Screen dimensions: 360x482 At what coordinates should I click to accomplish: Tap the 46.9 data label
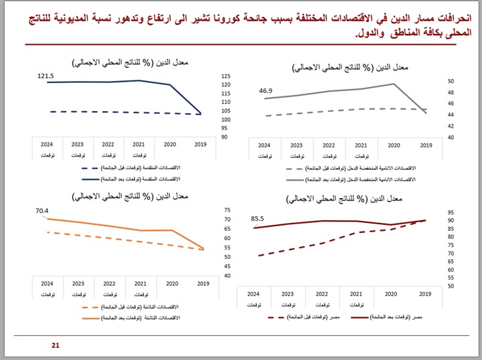(266, 90)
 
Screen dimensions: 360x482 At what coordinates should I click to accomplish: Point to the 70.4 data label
(42, 211)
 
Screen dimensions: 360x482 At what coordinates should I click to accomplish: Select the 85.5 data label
(258, 218)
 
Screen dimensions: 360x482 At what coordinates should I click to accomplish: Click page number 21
(56, 345)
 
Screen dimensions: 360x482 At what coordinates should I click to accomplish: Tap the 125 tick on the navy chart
(225, 76)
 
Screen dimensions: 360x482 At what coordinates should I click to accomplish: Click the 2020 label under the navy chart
(169, 144)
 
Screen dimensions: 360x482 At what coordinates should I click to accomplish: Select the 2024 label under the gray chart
(264, 145)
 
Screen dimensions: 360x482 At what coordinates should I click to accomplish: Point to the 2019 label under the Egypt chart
(424, 294)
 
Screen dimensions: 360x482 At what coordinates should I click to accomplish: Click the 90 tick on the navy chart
(224, 137)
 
